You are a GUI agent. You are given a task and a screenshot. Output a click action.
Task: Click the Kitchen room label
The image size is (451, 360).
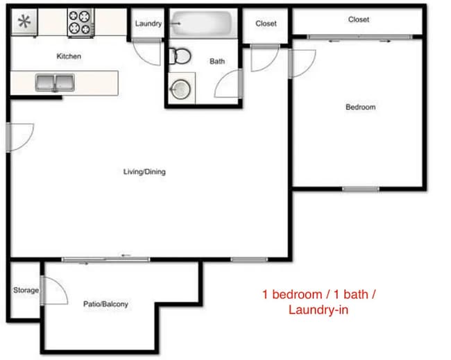[x=68, y=55]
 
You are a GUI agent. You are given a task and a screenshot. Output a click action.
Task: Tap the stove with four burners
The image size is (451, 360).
[x=80, y=22]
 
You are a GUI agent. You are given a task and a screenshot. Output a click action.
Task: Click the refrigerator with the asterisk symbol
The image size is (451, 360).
[x=24, y=21]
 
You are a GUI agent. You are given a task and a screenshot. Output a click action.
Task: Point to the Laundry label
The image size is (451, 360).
[x=148, y=24]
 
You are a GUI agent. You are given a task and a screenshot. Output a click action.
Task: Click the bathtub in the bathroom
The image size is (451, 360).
[x=203, y=24]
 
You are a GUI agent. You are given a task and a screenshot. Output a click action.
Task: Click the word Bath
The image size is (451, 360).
[x=217, y=61]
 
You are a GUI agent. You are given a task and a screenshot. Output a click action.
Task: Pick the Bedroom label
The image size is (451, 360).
[x=360, y=107]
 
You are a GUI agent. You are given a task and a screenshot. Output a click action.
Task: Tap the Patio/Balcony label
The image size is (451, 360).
[x=105, y=304]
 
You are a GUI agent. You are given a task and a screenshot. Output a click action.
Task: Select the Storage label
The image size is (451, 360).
[x=26, y=290]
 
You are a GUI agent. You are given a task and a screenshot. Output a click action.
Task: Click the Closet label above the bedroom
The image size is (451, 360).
[x=359, y=19]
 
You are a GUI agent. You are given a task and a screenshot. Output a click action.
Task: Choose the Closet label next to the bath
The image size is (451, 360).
[x=266, y=24]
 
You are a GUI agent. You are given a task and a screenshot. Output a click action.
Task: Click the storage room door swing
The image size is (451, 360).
[x=54, y=294]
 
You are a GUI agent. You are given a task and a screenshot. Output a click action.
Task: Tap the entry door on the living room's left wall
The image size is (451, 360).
[x=19, y=136]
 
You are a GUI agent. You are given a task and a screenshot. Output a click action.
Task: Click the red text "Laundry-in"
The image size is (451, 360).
[x=318, y=309]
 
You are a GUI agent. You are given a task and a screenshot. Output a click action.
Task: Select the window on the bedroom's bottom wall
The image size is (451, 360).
[x=360, y=189]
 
